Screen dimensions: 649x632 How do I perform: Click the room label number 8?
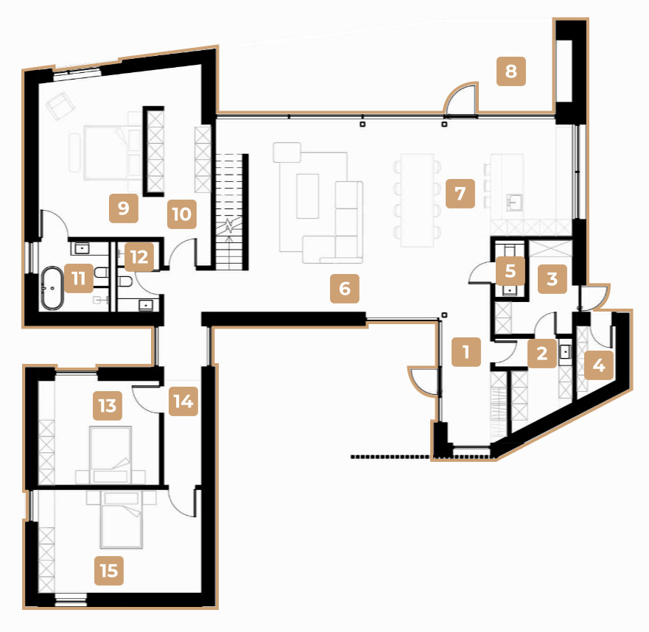[x=511, y=71]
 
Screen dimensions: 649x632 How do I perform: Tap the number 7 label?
[x=460, y=194]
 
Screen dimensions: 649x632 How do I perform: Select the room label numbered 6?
[x=345, y=289]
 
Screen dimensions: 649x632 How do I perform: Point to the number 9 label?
[x=124, y=208]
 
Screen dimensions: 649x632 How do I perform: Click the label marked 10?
[x=182, y=214]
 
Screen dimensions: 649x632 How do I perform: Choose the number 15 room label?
[x=109, y=571]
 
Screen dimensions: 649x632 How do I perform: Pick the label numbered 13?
[x=108, y=406]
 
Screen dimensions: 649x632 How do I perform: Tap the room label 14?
[x=183, y=401]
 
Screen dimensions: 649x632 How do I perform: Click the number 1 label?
[x=466, y=352]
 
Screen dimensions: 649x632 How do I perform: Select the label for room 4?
[x=599, y=365]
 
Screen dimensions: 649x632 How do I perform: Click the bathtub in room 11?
[x=52, y=288]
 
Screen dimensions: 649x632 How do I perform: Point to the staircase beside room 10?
[x=232, y=212]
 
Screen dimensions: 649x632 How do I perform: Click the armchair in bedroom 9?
[x=60, y=105]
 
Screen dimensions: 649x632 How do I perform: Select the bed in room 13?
[x=110, y=454]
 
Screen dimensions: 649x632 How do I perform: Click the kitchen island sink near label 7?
[x=514, y=203]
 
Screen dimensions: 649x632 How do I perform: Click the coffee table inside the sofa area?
[x=307, y=196]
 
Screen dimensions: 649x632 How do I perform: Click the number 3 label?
[x=552, y=279]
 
